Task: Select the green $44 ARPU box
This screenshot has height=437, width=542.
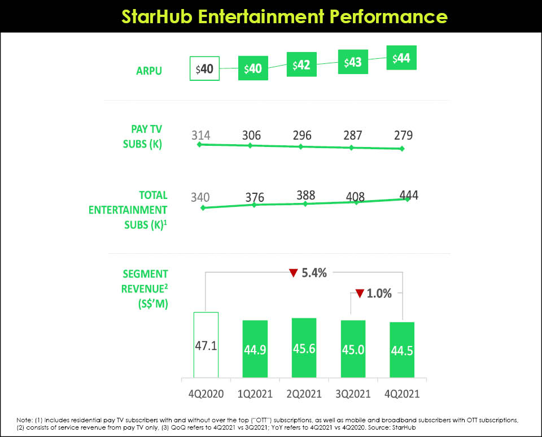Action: click(401, 59)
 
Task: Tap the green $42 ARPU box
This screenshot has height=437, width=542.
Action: click(302, 66)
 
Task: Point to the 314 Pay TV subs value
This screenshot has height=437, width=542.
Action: click(200, 136)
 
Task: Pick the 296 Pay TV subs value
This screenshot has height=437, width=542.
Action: click(301, 136)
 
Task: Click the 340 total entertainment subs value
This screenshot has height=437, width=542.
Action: click(200, 197)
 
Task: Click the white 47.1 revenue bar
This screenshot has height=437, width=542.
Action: click(206, 344)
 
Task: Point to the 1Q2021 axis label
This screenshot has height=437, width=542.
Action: click(255, 394)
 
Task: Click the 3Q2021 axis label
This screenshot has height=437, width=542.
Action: click(353, 394)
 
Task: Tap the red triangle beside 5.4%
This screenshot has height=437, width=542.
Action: click(293, 273)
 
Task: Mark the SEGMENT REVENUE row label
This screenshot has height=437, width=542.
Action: click(145, 280)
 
